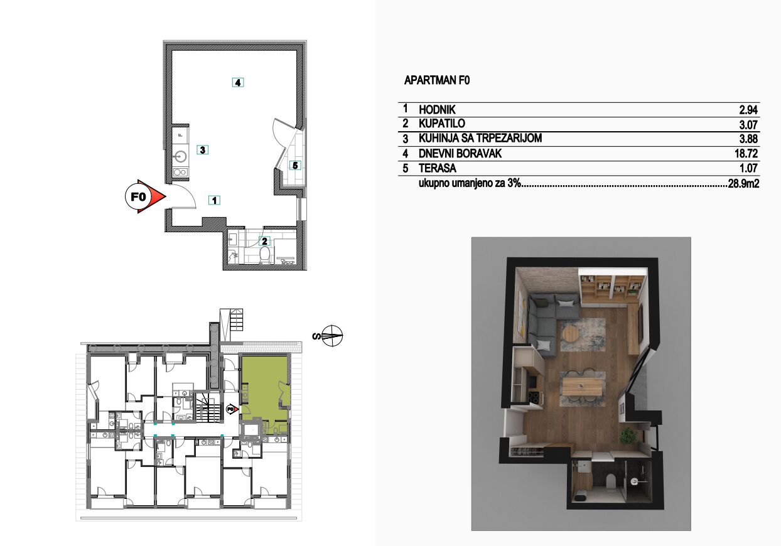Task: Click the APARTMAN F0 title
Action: click(437, 80)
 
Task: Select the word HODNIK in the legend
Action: click(437, 110)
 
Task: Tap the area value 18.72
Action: click(746, 153)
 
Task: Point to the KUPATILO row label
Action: click(442, 124)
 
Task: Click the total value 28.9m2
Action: click(743, 183)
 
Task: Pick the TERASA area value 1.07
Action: click(748, 168)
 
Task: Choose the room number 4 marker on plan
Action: click(238, 83)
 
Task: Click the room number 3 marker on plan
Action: click(203, 150)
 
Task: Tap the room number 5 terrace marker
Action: click(295, 165)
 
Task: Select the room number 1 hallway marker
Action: click(214, 200)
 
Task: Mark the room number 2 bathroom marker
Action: click(264, 241)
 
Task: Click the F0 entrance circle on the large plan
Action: click(137, 197)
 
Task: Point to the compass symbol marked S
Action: click(332, 336)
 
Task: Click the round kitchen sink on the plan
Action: click(181, 157)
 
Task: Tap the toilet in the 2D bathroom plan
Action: click(265, 255)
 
